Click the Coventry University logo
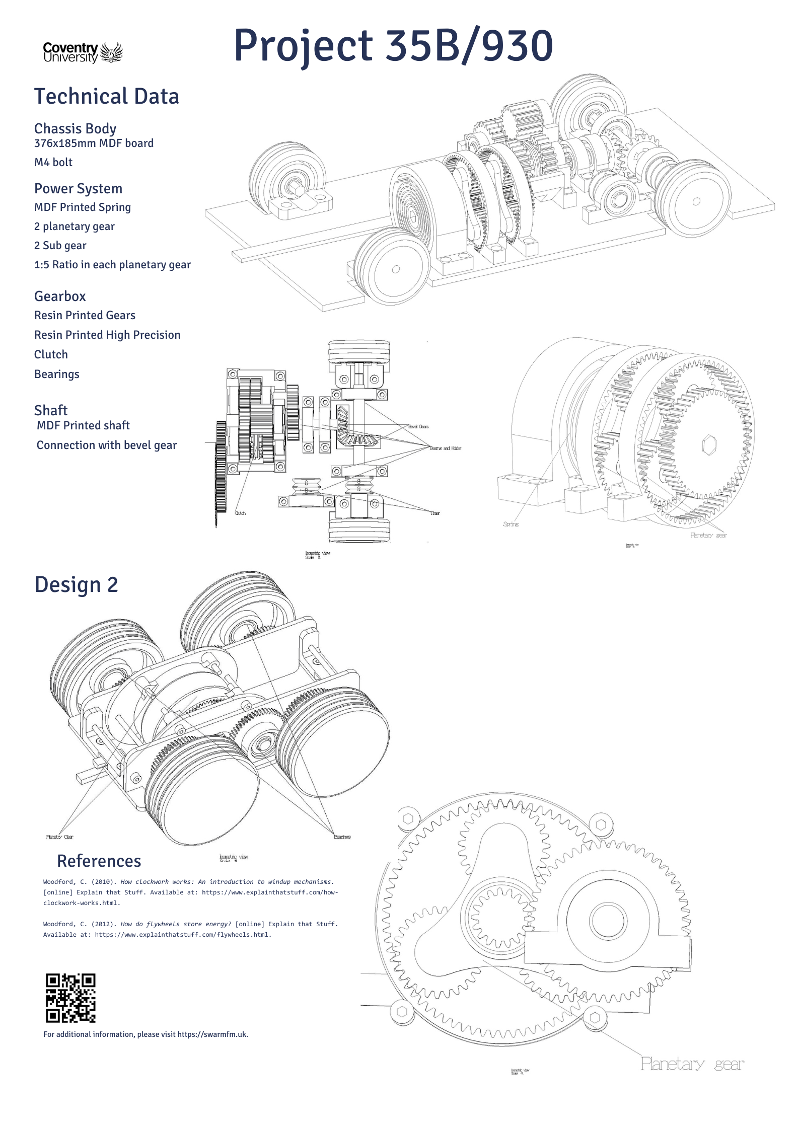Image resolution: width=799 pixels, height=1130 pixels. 83,52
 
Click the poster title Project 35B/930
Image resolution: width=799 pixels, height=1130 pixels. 393,46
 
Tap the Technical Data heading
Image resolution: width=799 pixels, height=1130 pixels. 106,96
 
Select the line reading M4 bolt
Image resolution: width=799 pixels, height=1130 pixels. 53,162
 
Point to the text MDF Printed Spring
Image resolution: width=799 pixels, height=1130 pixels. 83,207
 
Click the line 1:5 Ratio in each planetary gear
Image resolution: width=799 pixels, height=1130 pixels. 112,265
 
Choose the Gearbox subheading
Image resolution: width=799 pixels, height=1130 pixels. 60,296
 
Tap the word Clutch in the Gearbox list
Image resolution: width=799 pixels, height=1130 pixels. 51,354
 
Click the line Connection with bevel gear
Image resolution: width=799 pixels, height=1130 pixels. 107,445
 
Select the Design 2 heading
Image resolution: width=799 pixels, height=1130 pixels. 76,584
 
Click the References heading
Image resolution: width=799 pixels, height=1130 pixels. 99,861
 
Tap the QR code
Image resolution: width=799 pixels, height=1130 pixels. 70,998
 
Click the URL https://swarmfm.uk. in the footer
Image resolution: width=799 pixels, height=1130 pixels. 212,1034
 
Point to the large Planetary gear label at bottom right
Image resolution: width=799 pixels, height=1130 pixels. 692,1064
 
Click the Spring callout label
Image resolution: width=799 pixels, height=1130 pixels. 511,524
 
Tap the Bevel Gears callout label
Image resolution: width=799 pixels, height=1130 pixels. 418,426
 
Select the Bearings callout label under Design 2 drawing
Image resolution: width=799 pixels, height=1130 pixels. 342,837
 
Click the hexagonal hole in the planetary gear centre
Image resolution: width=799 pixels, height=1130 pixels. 709,445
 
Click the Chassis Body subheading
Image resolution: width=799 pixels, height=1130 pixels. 75,128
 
